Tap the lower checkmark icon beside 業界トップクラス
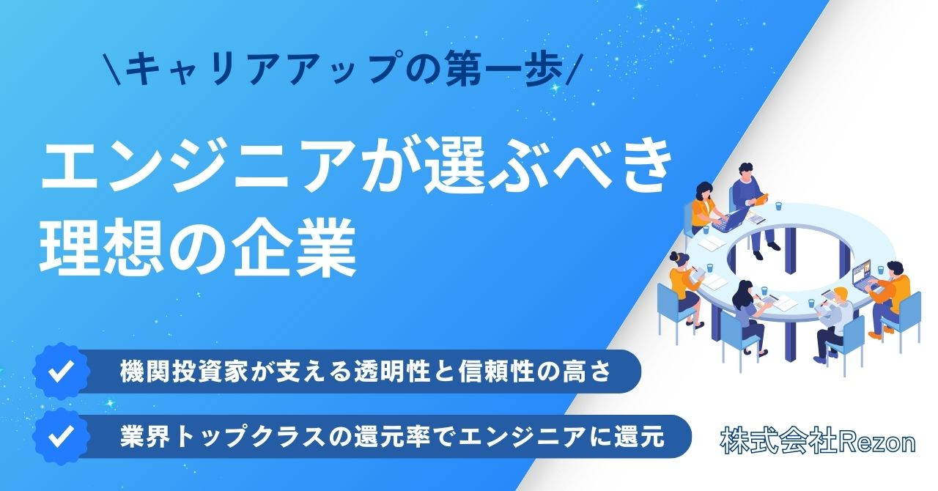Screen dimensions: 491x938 62,436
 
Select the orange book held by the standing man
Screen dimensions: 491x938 763,199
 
